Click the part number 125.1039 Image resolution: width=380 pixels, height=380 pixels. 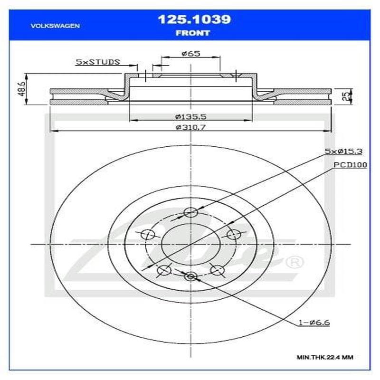[x=194, y=19]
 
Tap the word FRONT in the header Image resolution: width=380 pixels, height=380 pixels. [x=193, y=33]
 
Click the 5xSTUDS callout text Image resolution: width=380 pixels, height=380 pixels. [x=98, y=62]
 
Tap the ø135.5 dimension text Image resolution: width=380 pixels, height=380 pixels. [x=190, y=116]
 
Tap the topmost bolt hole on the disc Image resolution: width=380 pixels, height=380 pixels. [x=190, y=212]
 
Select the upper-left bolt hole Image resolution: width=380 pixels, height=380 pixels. [x=149, y=234]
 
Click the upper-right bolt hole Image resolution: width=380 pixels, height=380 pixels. [x=233, y=234]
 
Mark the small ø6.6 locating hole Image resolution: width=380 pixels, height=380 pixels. [x=190, y=276]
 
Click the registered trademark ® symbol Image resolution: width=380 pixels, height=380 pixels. [x=295, y=262]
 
